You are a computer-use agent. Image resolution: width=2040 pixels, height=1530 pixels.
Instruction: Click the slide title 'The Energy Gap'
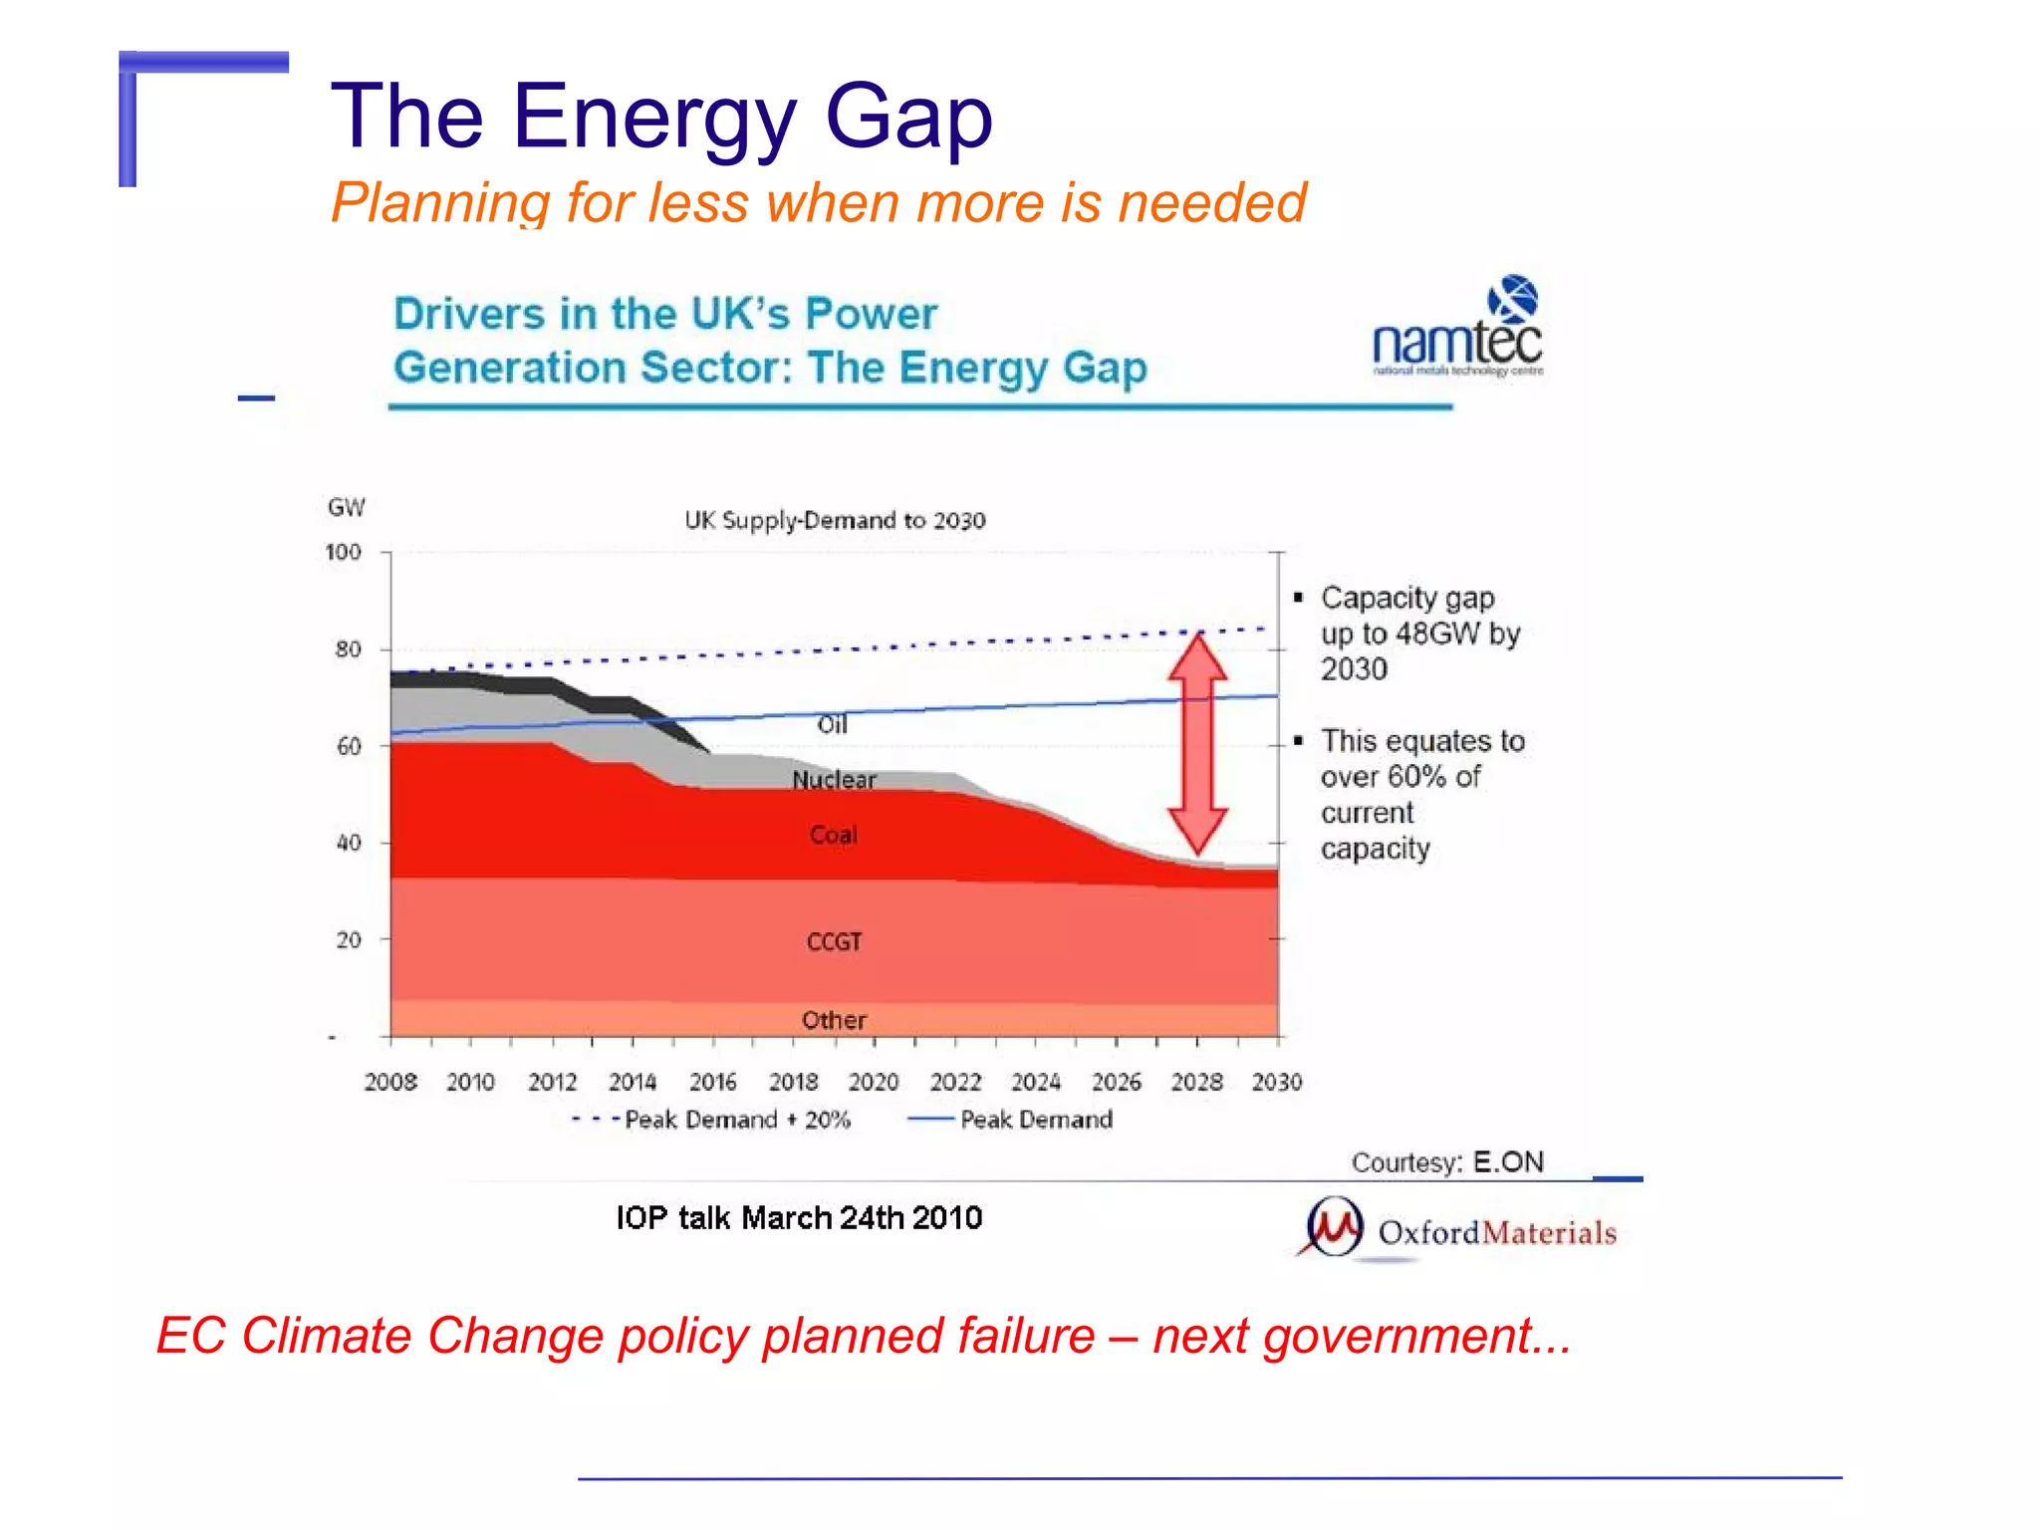tap(661, 118)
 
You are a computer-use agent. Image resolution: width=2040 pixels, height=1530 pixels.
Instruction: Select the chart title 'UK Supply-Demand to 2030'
tap(835, 521)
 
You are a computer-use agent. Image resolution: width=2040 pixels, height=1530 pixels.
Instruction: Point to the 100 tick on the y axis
tap(344, 552)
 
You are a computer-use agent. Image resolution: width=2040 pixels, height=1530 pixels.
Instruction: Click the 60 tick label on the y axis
tap(349, 746)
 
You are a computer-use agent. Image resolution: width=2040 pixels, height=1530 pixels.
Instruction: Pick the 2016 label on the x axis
tap(712, 1082)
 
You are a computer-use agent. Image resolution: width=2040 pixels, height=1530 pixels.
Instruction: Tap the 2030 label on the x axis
tap(1276, 1082)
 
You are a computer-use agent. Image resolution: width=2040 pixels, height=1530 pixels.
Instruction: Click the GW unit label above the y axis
tap(347, 507)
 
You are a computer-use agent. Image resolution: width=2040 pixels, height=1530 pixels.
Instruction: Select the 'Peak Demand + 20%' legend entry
tap(712, 1120)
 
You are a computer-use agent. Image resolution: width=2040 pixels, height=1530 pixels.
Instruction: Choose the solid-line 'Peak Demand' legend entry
tap(1011, 1120)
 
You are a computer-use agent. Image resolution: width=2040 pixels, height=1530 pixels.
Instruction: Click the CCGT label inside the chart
tap(834, 941)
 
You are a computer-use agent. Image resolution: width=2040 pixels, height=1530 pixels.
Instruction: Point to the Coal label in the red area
tap(833, 835)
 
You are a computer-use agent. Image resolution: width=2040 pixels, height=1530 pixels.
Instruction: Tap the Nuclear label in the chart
tap(834, 780)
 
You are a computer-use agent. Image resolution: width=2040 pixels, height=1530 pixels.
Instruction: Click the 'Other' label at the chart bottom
tap(834, 1020)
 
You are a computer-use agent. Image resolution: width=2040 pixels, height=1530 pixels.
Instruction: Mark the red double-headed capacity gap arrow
tap(1196, 742)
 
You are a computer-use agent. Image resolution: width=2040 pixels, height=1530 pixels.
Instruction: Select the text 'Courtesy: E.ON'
tap(1447, 1162)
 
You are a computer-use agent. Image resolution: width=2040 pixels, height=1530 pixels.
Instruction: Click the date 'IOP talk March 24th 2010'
tap(799, 1217)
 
